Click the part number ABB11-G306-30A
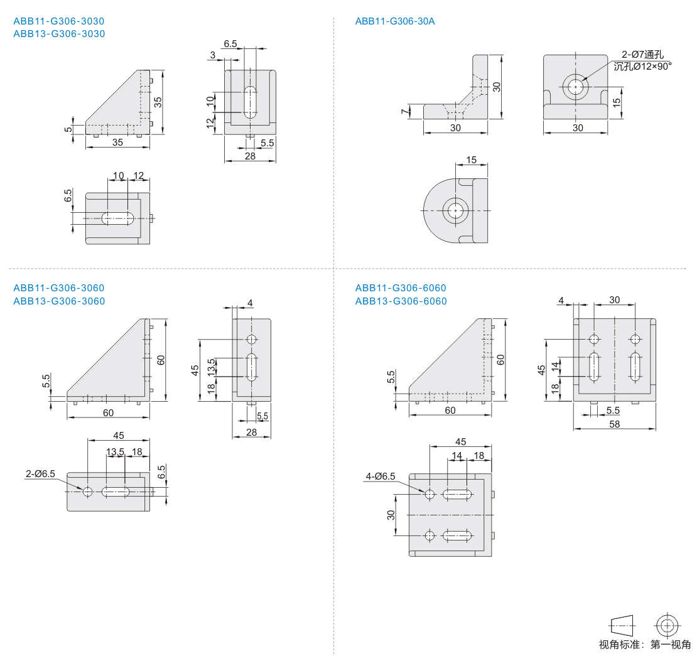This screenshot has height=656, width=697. (x=395, y=21)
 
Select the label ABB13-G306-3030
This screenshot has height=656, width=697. (x=59, y=34)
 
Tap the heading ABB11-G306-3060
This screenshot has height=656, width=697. (x=58, y=288)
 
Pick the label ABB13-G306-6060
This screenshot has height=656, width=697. (x=401, y=301)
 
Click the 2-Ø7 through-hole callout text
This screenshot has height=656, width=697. (x=642, y=54)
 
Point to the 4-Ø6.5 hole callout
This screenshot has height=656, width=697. (x=380, y=476)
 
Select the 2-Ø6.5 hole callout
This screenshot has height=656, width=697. (x=40, y=474)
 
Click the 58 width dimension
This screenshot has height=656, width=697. (x=614, y=424)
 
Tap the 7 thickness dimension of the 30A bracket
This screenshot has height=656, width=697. (x=404, y=112)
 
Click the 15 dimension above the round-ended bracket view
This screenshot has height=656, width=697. (x=471, y=160)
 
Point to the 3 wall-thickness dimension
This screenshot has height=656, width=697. (x=212, y=55)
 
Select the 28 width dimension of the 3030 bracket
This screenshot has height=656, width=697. (x=251, y=156)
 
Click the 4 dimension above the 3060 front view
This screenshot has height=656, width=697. (x=250, y=303)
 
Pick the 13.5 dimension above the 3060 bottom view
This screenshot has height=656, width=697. (x=115, y=452)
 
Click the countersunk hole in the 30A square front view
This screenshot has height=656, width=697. (x=576, y=87)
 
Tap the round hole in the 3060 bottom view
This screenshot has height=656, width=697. (x=87, y=492)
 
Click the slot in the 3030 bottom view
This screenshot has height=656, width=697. (x=118, y=218)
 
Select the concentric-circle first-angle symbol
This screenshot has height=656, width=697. (x=667, y=626)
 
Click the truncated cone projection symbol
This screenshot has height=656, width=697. (x=622, y=626)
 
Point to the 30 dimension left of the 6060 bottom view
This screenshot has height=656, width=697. (x=391, y=515)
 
